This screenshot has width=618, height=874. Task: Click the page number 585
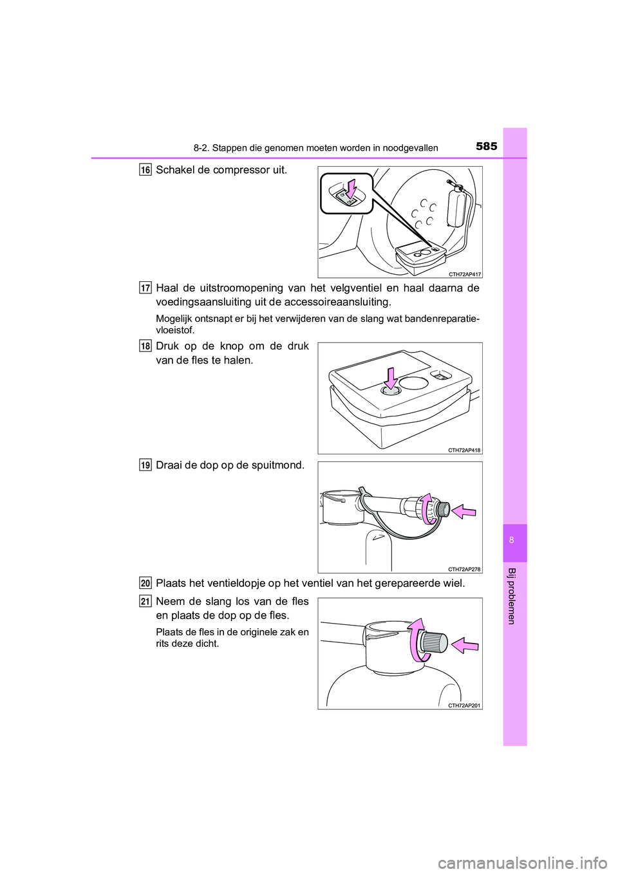(486, 146)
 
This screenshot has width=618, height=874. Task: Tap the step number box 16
(146, 170)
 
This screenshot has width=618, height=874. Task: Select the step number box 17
(146, 288)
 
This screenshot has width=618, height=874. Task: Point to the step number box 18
(146, 346)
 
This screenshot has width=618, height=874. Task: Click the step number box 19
(146, 465)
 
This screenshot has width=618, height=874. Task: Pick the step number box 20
(146, 583)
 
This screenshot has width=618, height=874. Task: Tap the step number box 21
(146, 601)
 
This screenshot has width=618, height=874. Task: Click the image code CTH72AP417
(465, 274)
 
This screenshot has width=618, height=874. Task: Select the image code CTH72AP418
(465, 451)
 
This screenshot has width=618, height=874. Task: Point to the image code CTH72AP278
(465, 569)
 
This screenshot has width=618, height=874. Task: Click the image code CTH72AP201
(465, 705)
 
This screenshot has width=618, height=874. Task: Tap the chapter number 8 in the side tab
(512, 540)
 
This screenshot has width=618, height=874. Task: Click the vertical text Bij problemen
(512, 596)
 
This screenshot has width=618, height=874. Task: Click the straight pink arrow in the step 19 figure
(464, 512)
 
